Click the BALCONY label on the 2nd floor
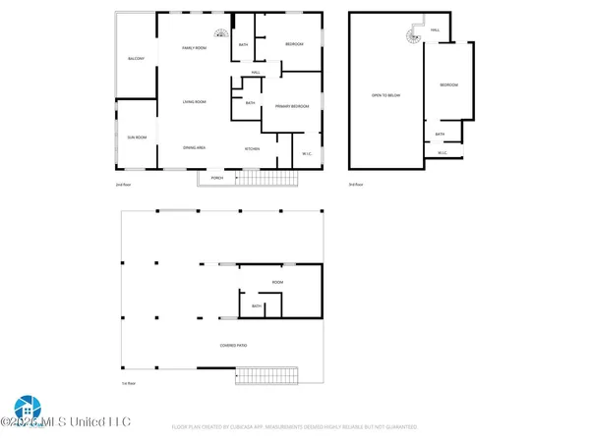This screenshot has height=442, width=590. (x=137, y=60)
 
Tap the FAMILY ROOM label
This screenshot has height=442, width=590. (x=194, y=47)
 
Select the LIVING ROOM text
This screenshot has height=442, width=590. (x=193, y=102)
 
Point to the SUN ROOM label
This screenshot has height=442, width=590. (x=136, y=137)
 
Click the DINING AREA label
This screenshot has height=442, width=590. (x=193, y=147)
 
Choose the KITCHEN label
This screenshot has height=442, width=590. (x=253, y=148)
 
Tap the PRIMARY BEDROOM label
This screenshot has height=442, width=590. (x=294, y=105)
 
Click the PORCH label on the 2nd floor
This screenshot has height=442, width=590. (x=217, y=177)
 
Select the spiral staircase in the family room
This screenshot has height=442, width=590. (x=221, y=32)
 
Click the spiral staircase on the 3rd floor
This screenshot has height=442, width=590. (x=409, y=37)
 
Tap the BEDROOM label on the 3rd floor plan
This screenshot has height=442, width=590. (x=448, y=85)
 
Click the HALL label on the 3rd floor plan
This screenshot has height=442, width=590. (x=436, y=30)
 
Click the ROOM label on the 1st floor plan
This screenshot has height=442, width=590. (x=278, y=283)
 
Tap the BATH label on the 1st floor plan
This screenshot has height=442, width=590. (x=257, y=305)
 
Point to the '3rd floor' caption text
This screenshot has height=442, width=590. (x=356, y=185)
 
